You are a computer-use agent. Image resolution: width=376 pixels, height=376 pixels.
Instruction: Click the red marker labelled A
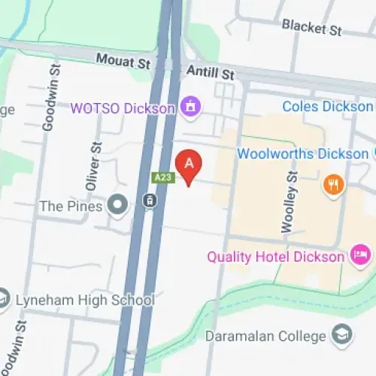pos(189,163)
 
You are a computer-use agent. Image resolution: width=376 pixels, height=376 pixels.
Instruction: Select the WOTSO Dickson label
pos(123,108)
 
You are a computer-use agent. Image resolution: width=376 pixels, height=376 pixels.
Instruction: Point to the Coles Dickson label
pos(328,107)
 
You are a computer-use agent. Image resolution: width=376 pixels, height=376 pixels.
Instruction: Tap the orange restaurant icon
pos(333,183)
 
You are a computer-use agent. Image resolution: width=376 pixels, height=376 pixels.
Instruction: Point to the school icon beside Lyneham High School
pos(3,299)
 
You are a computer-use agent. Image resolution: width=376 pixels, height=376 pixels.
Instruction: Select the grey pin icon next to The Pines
pos(117,203)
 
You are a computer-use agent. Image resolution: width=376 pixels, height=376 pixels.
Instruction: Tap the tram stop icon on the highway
pos(150,201)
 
